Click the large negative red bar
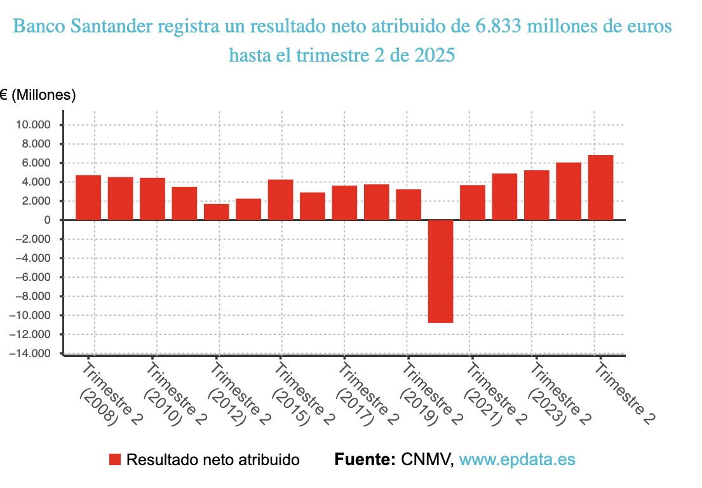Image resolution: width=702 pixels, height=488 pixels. pos(440,271)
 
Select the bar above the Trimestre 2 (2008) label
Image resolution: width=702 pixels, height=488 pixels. pos(88,198)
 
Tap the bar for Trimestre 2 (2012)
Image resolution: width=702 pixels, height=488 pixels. pos(216,212)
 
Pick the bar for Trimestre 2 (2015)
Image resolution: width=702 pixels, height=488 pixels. pos(280,200)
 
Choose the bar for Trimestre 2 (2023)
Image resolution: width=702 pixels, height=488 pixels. pos(536,195)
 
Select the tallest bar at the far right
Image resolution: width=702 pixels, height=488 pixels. pos(600,187)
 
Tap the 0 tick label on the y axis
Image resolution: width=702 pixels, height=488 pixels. pos(47,220)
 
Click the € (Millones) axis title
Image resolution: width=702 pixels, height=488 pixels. pos(38,95)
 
